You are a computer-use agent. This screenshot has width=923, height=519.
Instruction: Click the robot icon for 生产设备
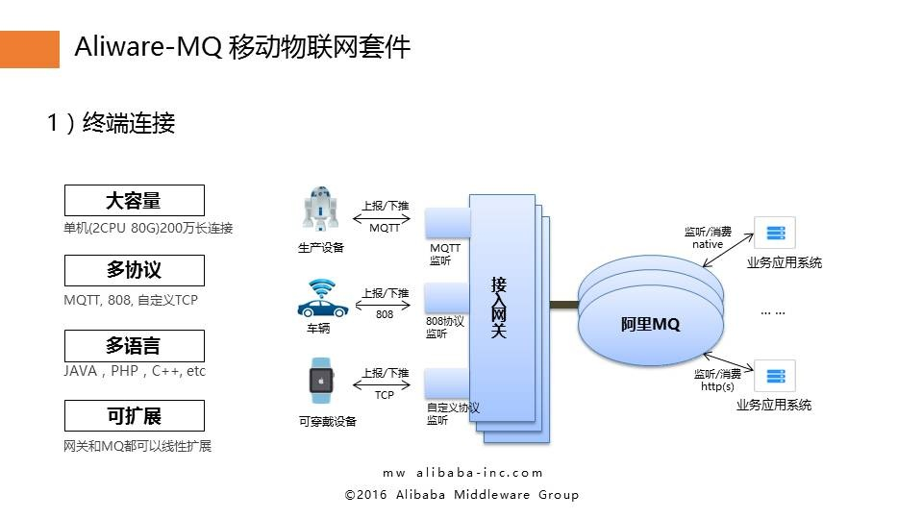point(320,209)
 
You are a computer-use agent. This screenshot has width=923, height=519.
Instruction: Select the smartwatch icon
point(320,380)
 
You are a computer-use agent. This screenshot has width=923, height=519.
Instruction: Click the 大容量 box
point(134,201)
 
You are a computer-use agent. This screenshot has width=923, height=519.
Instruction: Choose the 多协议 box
point(134,271)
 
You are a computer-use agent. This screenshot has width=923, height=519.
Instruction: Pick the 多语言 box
point(134,346)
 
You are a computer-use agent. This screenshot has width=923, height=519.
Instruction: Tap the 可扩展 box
point(134,416)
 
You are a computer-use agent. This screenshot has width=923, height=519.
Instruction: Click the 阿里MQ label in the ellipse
point(650,325)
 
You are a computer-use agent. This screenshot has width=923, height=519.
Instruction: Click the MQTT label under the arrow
point(385,228)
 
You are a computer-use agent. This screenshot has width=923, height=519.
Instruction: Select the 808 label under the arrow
point(385,314)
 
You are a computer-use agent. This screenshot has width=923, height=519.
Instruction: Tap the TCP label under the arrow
point(385,395)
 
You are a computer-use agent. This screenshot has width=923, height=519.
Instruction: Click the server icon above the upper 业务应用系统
point(775,233)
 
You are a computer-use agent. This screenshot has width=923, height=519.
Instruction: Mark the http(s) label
point(717,386)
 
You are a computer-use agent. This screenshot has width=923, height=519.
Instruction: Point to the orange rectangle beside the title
point(29,48)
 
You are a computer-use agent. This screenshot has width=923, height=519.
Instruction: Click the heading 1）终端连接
point(111,123)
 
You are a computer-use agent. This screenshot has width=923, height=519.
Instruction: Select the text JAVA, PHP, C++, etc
point(135,371)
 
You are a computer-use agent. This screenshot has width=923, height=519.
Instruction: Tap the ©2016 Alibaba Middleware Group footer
point(461,494)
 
